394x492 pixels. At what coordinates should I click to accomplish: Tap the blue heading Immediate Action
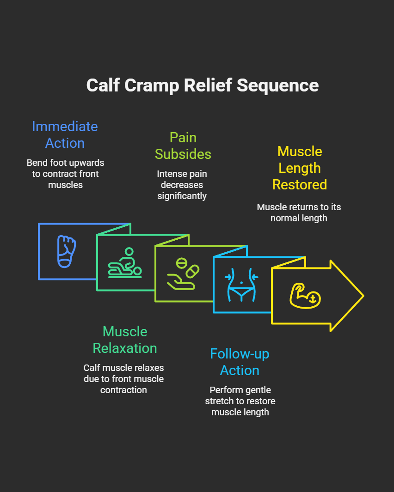(x=65, y=134)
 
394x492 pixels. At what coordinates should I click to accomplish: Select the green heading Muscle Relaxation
(x=125, y=340)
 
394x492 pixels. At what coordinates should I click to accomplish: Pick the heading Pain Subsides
(x=183, y=146)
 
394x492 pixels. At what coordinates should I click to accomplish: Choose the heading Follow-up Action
(x=240, y=362)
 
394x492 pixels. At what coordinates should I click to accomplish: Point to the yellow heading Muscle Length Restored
(x=300, y=168)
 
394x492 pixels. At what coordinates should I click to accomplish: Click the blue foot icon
(x=67, y=251)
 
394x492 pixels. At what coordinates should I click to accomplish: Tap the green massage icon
(x=125, y=263)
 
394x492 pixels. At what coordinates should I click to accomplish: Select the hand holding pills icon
(x=183, y=274)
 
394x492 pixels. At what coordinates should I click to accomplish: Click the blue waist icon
(x=242, y=285)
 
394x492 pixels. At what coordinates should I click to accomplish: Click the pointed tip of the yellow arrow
(x=363, y=296)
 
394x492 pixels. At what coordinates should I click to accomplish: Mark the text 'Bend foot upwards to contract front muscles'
(x=65, y=174)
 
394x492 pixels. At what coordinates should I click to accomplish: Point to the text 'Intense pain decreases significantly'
(x=182, y=185)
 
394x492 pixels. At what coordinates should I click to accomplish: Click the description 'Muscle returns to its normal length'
(x=299, y=213)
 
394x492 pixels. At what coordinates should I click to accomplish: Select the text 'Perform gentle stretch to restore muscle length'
(x=240, y=401)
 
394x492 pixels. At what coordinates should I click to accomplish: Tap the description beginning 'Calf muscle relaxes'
(x=123, y=379)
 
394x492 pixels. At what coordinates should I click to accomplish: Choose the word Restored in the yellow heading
(x=300, y=184)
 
